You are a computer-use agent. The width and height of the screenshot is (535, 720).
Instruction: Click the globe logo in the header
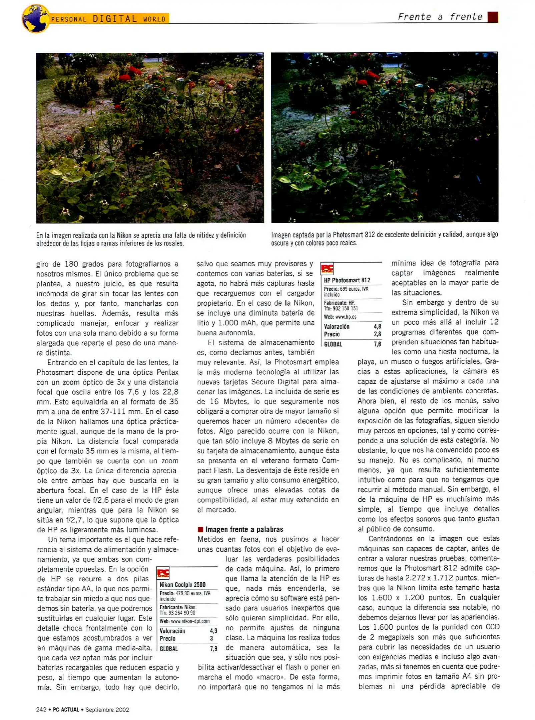(35, 19)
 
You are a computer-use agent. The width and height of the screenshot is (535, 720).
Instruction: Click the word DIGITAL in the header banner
(115, 19)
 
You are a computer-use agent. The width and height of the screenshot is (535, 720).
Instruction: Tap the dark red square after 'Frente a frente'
(492, 17)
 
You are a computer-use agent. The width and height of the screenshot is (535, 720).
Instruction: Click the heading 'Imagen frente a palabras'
(244, 529)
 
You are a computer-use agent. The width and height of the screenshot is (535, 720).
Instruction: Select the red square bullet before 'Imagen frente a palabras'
(200, 529)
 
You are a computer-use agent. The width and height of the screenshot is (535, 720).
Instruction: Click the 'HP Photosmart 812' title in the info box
(347, 280)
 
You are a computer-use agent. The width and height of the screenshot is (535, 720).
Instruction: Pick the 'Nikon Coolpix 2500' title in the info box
(182, 585)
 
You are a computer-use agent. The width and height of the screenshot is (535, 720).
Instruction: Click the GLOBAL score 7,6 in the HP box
(377, 344)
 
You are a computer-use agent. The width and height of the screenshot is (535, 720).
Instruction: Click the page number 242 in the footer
(41, 710)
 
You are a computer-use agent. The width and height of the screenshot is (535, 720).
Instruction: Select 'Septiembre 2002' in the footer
(107, 710)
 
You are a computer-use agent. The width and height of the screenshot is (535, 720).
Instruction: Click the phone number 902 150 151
(345, 308)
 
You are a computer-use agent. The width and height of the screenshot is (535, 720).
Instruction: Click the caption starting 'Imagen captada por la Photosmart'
(384, 238)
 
